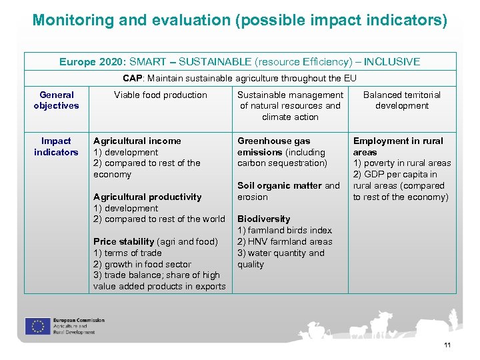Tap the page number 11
click(447, 345)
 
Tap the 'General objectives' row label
click(56, 100)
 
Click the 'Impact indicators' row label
click(56, 147)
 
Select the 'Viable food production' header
click(161, 95)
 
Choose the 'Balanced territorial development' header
click(402, 100)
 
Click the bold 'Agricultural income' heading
click(137, 141)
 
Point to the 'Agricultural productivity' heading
click(147, 197)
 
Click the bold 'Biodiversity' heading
click(264, 219)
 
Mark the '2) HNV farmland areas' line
click(285, 241)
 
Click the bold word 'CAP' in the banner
click(133, 78)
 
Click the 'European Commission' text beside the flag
click(79, 321)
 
